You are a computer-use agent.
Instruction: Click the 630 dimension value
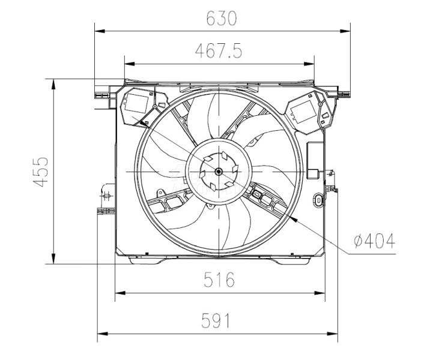coord(222,19)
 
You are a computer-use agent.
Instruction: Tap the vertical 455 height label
coord(40,172)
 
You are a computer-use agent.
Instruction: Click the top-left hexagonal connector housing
coord(138,106)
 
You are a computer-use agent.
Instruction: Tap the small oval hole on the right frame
coord(317,200)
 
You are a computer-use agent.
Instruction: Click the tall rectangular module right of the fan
coord(314,161)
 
